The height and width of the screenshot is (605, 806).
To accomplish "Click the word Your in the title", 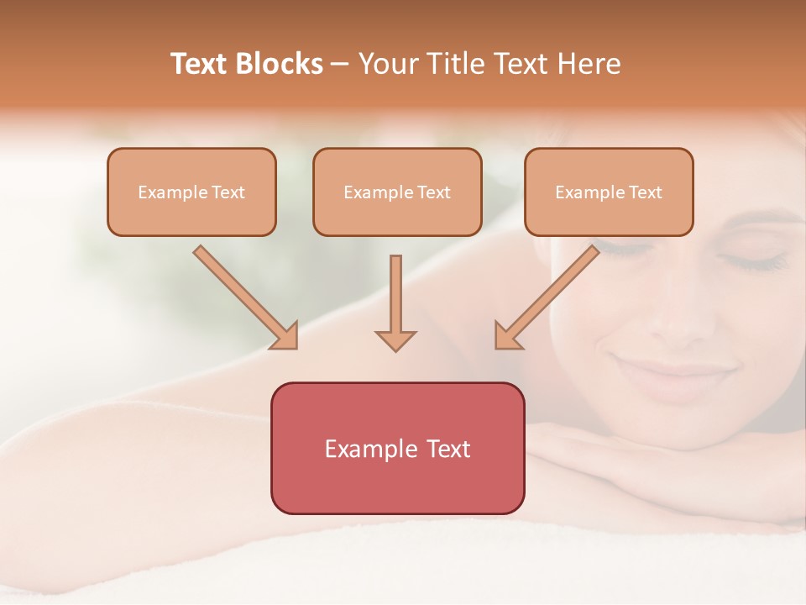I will pyautogui.click(x=386, y=64).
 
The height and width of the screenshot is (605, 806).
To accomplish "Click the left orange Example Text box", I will pyautogui.click(x=191, y=192).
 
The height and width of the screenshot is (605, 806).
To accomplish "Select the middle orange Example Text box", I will pyautogui.click(x=397, y=192).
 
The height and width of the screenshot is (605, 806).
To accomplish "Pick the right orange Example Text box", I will pyautogui.click(x=609, y=192).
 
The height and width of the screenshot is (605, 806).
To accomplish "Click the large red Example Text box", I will pyautogui.click(x=397, y=448).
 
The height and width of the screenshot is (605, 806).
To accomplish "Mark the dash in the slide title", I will pyautogui.click(x=340, y=65).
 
